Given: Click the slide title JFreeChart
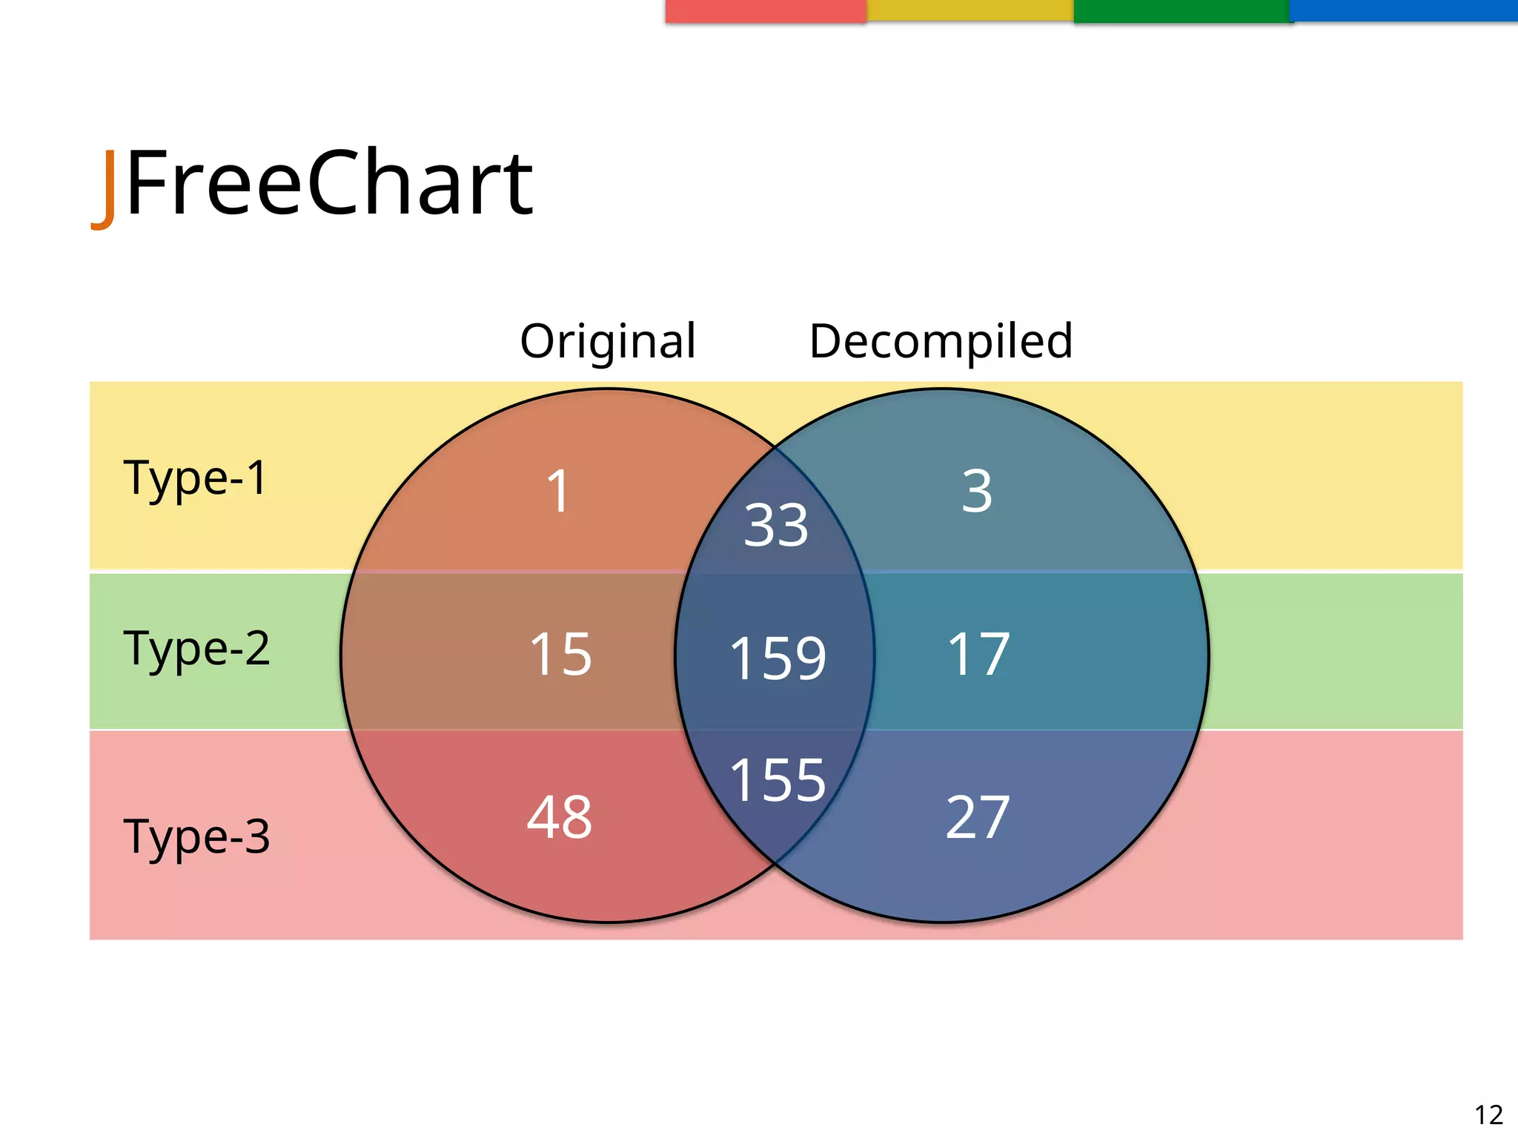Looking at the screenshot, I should point(313,184).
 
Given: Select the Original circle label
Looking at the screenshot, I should point(608,341).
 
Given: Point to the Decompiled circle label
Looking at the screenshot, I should point(941,341).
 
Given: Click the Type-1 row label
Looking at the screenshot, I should point(195,478).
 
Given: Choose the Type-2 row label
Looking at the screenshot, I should point(196,649).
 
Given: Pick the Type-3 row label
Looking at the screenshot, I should point(196,836).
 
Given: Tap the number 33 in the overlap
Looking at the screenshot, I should point(775,525).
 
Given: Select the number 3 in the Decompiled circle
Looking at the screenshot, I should point(976,491).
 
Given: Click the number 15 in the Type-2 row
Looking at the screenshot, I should point(560,654).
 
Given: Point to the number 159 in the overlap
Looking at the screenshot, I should point(778,658).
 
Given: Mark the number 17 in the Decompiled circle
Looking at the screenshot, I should point(978,654).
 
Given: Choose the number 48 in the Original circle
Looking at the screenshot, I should point(560,817).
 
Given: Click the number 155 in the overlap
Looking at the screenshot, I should point(778,780).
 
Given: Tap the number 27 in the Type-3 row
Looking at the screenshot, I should point(978,817).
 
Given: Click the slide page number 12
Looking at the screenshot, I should point(1488,1115).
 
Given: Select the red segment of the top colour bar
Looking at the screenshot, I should point(766,10).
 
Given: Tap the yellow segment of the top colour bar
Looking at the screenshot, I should point(970,10).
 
